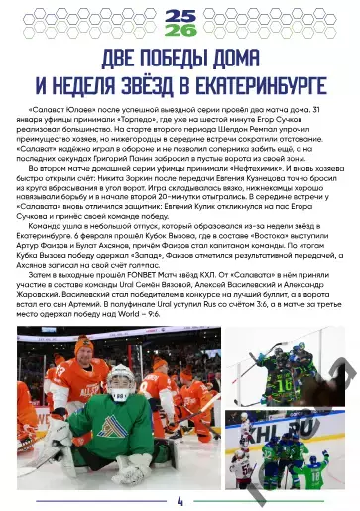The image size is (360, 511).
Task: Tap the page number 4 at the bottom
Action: click(180, 500)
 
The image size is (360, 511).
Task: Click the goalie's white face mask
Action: click(120, 381)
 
